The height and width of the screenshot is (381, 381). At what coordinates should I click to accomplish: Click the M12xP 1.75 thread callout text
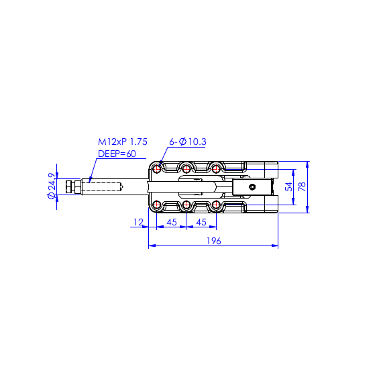[123, 142]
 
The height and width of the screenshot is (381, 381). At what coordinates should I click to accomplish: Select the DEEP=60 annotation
[117, 154]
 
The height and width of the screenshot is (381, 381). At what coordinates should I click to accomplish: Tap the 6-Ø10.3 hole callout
[188, 142]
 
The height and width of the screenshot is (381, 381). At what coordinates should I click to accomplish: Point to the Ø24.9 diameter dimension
[52, 186]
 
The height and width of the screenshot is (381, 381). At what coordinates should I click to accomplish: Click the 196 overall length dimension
[214, 241]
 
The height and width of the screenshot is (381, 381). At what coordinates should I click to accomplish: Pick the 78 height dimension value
[302, 187]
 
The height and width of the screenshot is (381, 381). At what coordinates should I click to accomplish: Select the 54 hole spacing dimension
[289, 187]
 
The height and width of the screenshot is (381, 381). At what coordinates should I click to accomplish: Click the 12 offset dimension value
[138, 222]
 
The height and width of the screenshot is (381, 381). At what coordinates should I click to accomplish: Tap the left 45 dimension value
[172, 222]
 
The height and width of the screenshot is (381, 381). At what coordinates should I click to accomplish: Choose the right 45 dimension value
[201, 222]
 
